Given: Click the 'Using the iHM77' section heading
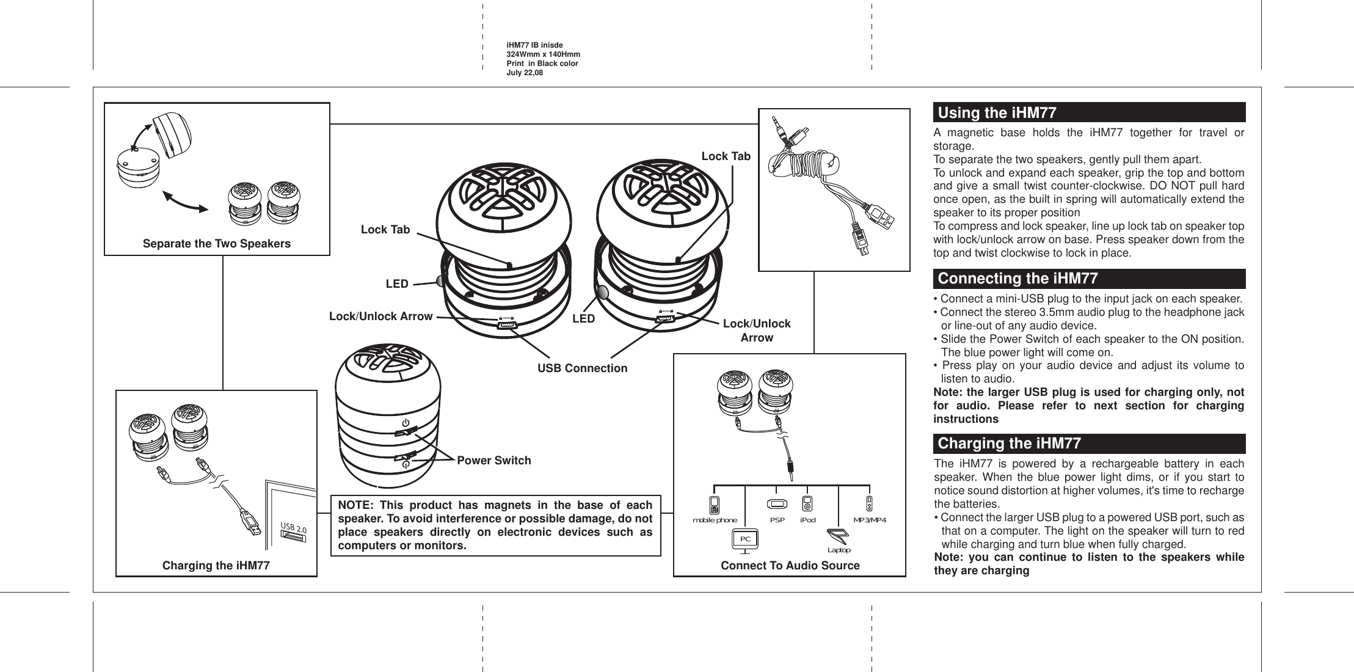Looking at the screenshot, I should coord(997,114).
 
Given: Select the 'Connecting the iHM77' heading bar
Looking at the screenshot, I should coord(1017,279).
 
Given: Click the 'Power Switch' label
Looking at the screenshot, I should coord(493,461).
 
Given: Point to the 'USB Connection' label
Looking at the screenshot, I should coord(581,368).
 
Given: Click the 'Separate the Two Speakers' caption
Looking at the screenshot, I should coord(216,244).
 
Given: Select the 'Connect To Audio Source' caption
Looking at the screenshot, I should coord(790,566).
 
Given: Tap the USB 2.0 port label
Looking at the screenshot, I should coord(293,527).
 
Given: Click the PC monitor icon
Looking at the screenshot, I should coord(744,539).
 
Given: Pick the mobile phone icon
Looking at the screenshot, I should coord(714,505).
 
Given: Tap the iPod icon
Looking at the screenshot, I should coord(807,504).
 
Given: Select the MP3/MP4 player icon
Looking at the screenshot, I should coord(870,504).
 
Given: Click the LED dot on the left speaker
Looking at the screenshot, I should coord(442,280).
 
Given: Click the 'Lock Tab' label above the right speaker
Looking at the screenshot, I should coord(725,156).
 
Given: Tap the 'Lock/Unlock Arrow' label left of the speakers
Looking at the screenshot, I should coord(380,316).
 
